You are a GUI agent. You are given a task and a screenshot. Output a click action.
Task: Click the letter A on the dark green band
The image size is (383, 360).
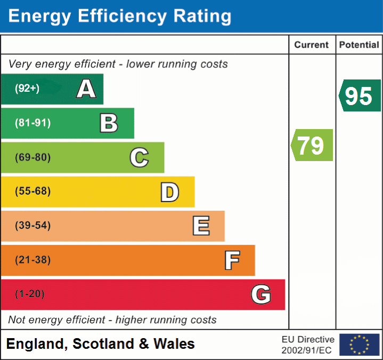click(x=86, y=89)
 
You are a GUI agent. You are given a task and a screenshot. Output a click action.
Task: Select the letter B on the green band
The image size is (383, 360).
click(x=109, y=123)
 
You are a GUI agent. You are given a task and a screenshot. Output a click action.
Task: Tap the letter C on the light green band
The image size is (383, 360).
click(x=139, y=157)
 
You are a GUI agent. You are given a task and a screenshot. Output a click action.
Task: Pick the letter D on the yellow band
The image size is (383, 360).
click(x=169, y=192)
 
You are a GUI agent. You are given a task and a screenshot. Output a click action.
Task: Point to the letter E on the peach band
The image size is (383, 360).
click(x=200, y=226)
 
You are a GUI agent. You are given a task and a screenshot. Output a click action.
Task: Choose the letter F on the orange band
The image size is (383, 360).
click(x=231, y=260)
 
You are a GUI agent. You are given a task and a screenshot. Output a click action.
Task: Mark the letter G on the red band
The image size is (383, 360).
click(x=261, y=294)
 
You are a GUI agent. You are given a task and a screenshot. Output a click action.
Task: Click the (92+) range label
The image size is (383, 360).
click(x=27, y=89)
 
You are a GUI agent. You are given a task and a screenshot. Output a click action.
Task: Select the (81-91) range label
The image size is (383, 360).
click(x=32, y=123)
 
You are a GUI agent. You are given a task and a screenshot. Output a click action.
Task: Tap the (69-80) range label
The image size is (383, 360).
click(x=32, y=157)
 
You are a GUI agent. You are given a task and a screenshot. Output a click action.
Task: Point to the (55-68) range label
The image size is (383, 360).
click(x=32, y=191)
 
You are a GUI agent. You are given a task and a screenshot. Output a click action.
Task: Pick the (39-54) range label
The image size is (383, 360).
click(x=32, y=226)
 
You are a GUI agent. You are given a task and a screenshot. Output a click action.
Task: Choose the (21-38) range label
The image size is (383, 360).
click(x=32, y=260)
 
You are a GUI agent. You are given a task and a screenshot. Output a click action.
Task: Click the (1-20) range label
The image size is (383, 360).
click(x=30, y=294)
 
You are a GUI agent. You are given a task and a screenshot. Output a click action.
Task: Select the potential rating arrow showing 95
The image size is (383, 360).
click(x=360, y=95)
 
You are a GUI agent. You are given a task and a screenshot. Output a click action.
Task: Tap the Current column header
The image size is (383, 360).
click(x=312, y=45)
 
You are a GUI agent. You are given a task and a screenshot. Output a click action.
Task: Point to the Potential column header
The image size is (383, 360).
click(x=359, y=45)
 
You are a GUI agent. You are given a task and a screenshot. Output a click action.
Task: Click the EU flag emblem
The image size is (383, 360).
click(x=359, y=345)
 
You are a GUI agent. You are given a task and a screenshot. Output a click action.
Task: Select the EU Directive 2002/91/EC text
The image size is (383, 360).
click(x=308, y=345)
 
